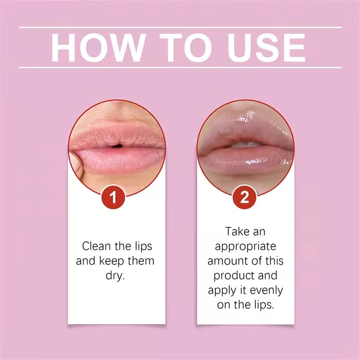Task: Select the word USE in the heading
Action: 267,47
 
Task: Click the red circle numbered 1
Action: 114,198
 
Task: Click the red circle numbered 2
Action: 245,198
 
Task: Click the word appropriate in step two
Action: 245,247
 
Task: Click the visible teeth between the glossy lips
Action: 246,145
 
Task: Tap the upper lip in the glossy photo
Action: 245,133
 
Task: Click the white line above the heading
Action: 180,27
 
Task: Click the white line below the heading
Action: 180,67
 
